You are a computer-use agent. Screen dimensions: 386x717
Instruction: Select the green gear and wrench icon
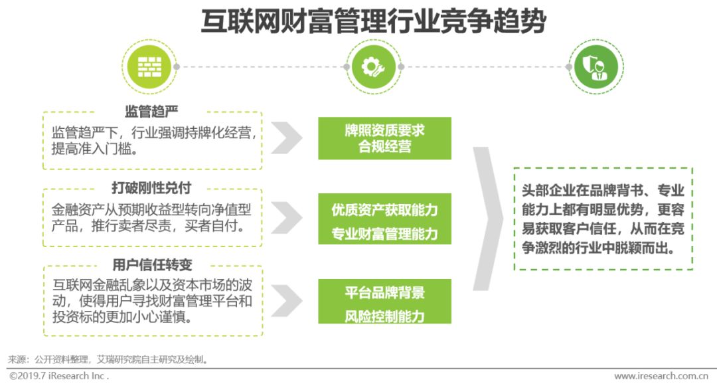373,66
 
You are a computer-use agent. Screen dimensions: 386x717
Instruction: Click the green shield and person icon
596,66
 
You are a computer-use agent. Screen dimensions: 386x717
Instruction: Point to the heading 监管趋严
151,111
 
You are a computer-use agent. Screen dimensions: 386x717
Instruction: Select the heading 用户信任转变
152,264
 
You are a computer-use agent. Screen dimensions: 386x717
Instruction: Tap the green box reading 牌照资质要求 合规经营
384,138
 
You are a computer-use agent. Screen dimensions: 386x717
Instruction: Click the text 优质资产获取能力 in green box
384,210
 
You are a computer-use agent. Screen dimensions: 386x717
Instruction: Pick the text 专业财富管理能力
384,234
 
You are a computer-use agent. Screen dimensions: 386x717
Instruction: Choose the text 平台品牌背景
384,292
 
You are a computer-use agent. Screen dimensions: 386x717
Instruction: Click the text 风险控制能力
384,316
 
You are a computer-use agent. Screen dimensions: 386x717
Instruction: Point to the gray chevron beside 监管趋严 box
286,138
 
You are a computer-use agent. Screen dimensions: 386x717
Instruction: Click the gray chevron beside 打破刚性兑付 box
286,217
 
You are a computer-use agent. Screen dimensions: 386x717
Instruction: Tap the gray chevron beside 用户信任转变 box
286,300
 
